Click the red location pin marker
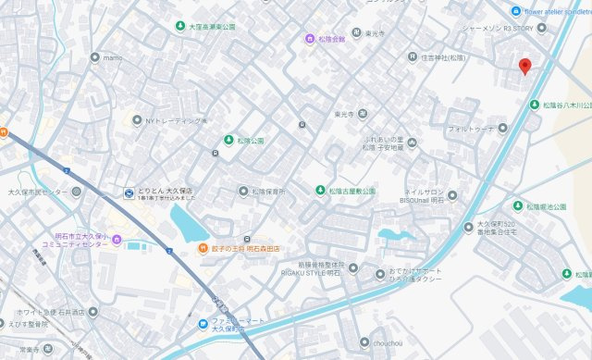pos(525,67)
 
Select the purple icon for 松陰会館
pos(310,39)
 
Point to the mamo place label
pos(113,57)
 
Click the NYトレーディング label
pos(176,120)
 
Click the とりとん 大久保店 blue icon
pos(129,192)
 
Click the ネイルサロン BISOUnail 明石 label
pos(426,203)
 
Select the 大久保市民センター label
pos(37,192)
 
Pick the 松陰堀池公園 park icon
pos(518,205)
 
